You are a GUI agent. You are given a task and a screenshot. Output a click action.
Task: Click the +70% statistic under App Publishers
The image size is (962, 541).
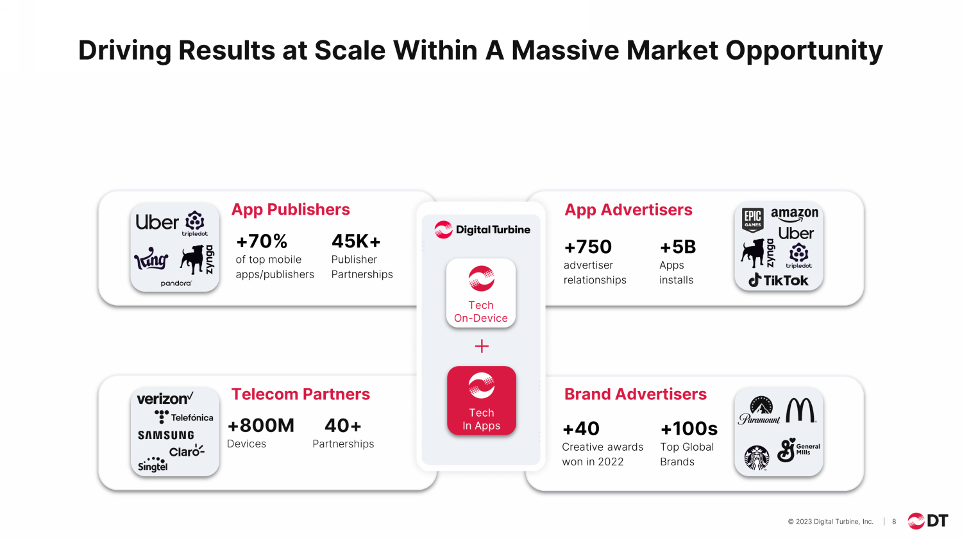click(x=262, y=241)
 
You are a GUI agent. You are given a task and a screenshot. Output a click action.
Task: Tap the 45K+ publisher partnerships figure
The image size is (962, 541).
click(x=356, y=241)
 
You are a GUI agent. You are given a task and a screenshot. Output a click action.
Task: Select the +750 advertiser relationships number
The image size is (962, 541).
click(x=587, y=247)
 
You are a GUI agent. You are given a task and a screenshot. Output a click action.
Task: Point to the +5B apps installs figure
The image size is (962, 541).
click(x=678, y=247)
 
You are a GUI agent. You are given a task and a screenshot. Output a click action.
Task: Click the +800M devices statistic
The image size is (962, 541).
click(x=260, y=426)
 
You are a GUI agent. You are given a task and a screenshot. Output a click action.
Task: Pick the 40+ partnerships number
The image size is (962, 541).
click(x=342, y=426)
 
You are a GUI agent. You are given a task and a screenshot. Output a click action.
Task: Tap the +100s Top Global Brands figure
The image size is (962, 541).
click(x=689, y=429)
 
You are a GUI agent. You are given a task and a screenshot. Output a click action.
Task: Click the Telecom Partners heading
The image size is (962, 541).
click(x=301, y=394)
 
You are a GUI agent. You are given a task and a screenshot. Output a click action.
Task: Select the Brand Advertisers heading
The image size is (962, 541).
click(x=635, y=394)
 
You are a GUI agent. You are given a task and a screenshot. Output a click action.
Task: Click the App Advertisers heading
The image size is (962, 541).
click(x=629, y=210)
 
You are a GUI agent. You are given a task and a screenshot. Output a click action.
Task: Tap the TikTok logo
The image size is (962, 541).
click(x=778, y=280)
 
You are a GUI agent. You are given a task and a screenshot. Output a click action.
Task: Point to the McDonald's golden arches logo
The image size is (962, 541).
click(x=800, y=410)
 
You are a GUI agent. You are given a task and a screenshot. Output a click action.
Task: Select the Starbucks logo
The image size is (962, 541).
click(x=757, y=458)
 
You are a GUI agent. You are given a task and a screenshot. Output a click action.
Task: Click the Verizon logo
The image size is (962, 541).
click(x=165, y=399)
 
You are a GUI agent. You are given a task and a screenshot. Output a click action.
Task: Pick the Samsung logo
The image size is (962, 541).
click(x=165, y=435)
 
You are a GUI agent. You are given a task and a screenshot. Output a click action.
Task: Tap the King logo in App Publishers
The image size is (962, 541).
click(x=151, y=258)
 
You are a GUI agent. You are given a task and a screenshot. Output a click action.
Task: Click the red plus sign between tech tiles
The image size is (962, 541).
click(x=482, y=346)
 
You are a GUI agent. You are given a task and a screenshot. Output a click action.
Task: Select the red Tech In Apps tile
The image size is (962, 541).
click(x=482, y=401)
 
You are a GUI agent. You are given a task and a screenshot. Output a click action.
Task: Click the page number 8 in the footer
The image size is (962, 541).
click(x=894, y=522)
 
